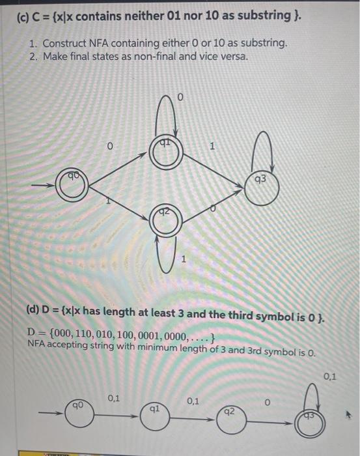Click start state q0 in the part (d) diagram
(x=77, y=412)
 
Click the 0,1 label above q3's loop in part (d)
(x=330, y=376)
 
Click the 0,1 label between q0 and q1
(x=113, y=397)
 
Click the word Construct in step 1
(x=66, y=43)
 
